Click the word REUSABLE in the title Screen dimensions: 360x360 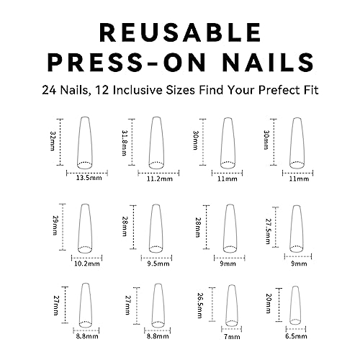(180, 32)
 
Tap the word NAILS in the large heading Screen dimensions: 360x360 (268, 62)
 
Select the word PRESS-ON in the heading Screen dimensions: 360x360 (127, 62)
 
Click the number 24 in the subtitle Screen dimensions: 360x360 (50, 91)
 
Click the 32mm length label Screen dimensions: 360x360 (53, 140)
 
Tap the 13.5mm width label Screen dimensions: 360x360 (89, 178)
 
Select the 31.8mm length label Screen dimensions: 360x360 (125, 143)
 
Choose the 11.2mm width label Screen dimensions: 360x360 (160, 179)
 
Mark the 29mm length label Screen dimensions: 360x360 (55, 225)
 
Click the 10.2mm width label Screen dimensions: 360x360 (87, 264)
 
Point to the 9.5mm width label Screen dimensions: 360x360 (158, 264)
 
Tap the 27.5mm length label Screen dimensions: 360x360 (268, 231)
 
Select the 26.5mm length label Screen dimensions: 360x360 (200, 305)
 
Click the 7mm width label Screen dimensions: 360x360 (232, 337)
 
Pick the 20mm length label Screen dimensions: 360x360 (269, 303)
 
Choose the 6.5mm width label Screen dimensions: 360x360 (296, 336)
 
